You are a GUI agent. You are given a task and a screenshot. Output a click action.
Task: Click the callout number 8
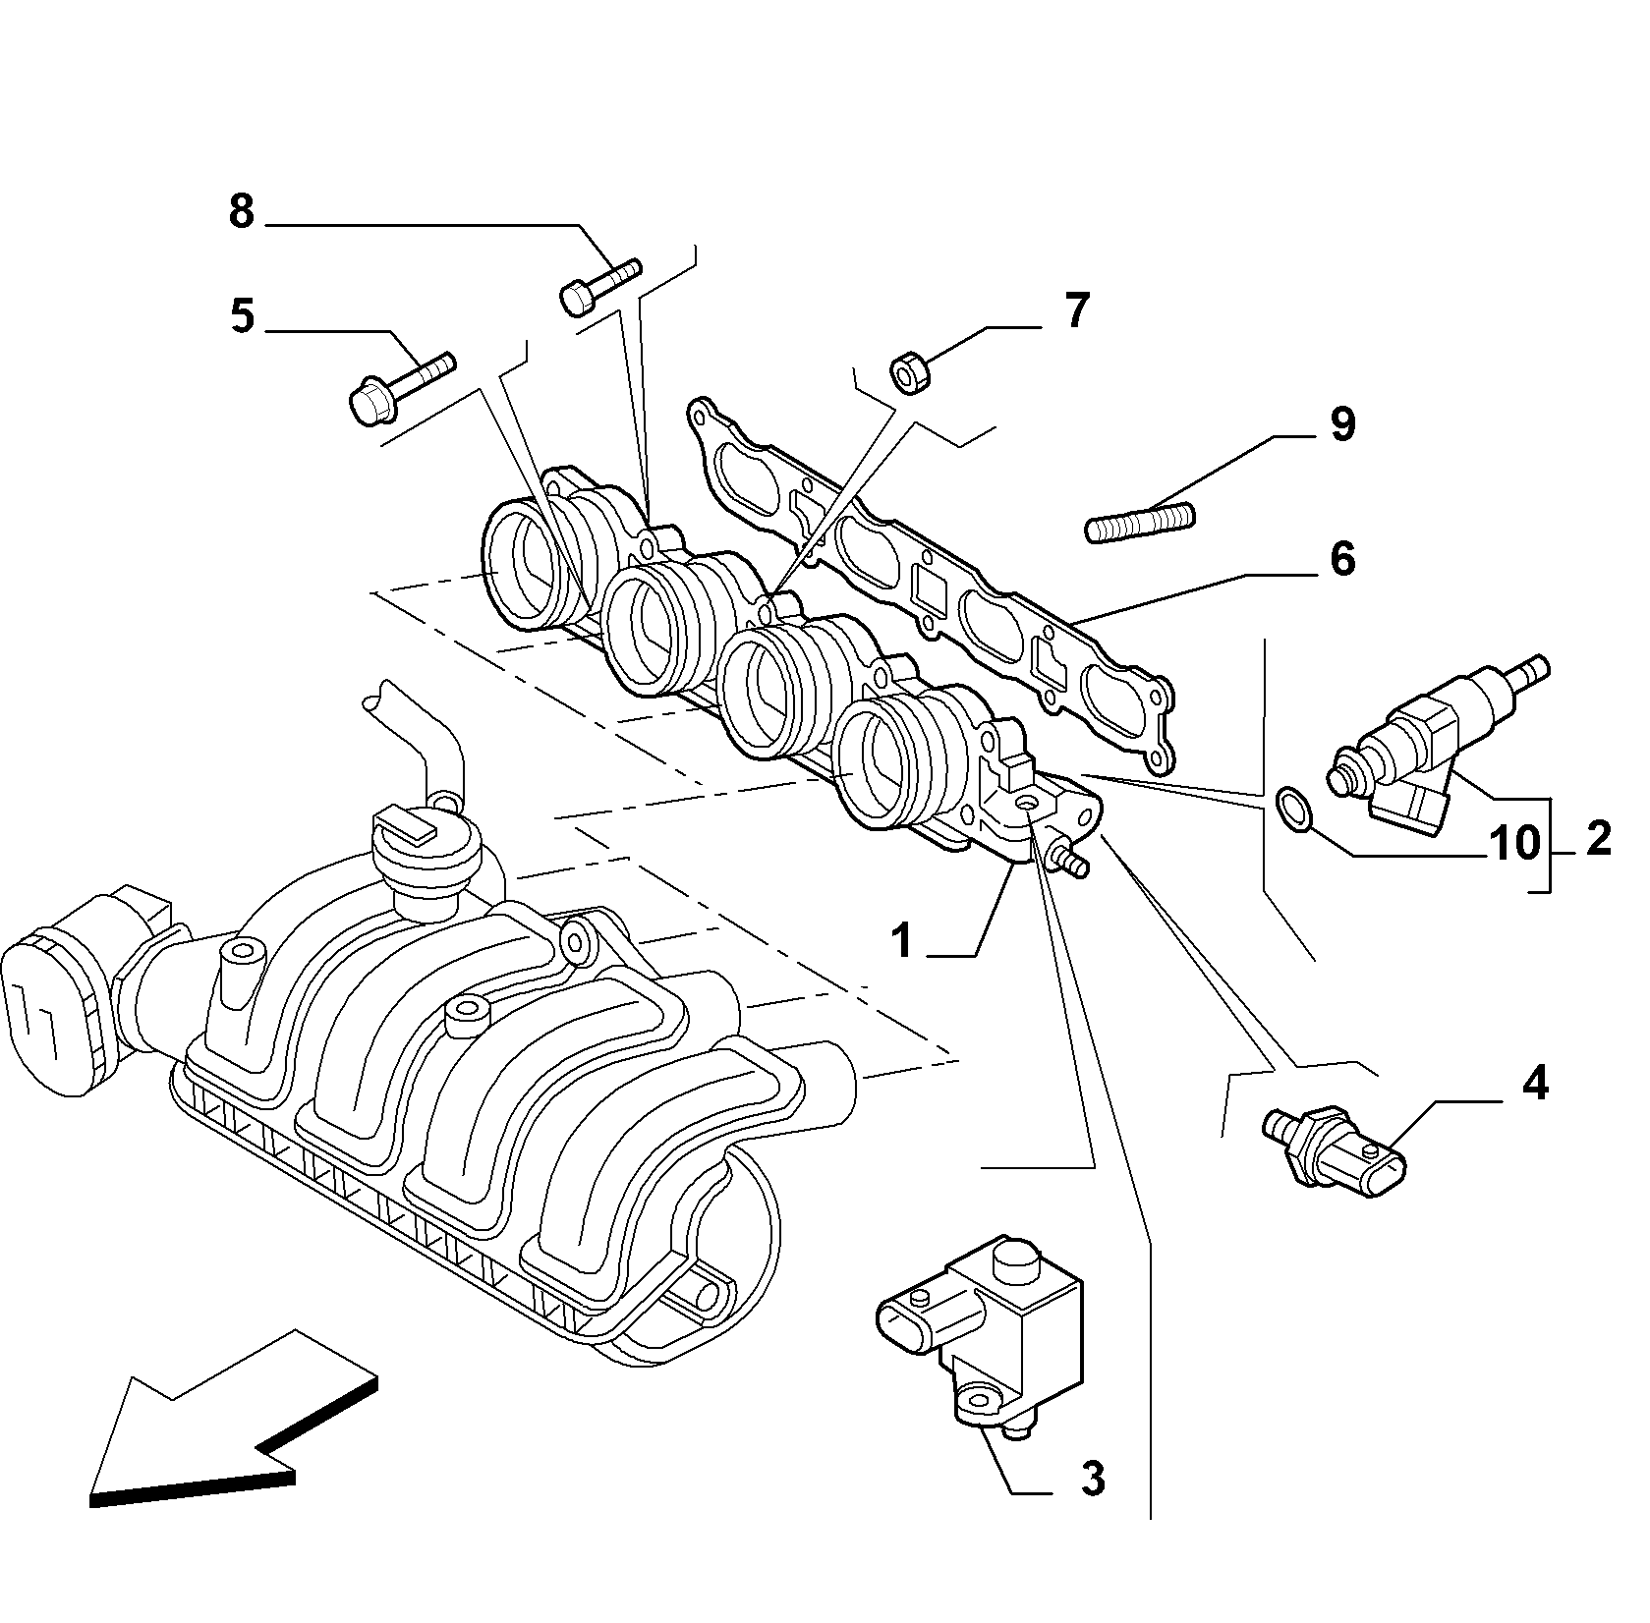[x=242, y=211]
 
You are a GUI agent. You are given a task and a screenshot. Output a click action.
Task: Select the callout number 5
[x=242, y=317]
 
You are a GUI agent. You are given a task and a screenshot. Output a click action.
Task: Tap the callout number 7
[x=1077, y=311]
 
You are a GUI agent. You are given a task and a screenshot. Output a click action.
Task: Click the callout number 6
[x=1342, y=559]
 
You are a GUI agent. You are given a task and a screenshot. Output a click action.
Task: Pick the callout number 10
[x=1513, y=842]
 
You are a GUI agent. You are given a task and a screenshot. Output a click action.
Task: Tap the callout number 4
[x=1535, y=1084]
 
